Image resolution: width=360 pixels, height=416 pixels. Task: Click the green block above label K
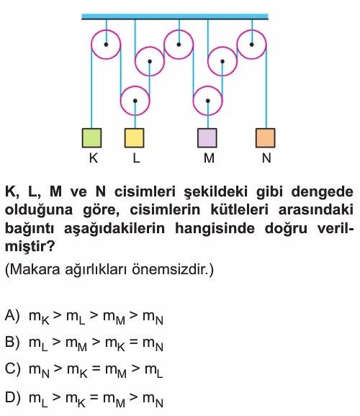coord(91,138)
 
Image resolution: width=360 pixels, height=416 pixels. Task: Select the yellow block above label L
coord(135,138)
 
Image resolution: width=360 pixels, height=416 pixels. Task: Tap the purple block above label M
coord(207,138)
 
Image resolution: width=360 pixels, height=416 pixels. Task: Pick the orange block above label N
coord(265,138)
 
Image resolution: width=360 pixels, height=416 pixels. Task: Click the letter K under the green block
coord(94,158)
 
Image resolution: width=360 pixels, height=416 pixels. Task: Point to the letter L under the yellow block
coord(136,158)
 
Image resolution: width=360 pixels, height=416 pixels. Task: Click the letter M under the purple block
coord(209,158)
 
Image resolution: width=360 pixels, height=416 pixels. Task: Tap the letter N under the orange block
coord(266,158)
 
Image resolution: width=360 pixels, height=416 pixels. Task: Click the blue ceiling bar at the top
coord(175,17)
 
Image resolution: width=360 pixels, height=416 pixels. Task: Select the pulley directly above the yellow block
coord(135,101)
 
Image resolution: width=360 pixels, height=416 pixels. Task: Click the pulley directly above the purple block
coord(207,101)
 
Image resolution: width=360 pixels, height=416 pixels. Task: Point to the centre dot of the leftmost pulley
coord(106,45)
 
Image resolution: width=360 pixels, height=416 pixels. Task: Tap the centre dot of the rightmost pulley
coord(251,45)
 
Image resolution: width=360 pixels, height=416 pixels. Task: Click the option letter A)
coord(12,316)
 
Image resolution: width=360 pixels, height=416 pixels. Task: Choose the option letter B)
coord(12,343)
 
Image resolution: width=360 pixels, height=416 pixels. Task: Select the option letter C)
coord(12,368)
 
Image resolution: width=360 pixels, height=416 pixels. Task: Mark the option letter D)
coord(12,397)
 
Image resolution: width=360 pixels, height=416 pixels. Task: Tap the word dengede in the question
coord(322,191)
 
